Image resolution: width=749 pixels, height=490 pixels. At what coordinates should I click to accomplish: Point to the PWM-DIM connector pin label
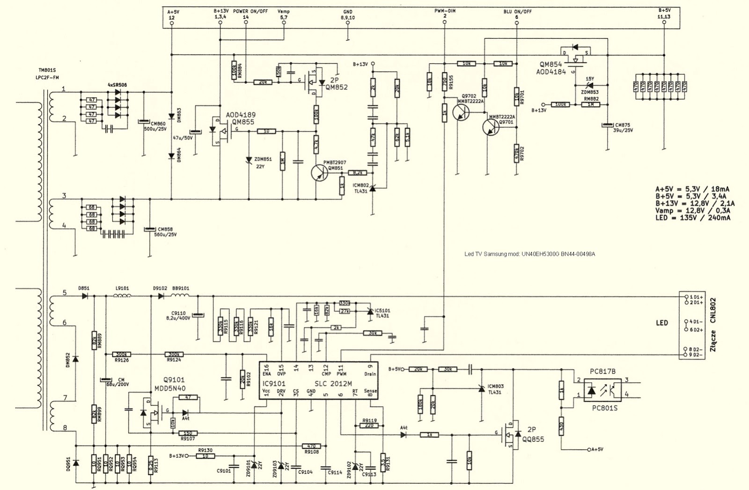(x=444, y=11)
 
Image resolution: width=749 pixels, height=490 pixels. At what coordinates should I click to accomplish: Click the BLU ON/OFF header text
(x=517, y=12)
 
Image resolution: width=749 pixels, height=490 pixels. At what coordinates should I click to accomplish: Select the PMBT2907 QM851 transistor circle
(x=321, y=173)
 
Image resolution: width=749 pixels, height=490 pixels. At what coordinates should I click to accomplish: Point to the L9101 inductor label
(x=122, y=289)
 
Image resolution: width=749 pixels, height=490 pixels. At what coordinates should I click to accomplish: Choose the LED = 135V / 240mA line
(x=693, y=218)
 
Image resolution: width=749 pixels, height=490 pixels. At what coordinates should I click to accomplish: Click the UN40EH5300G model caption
(x=529, y=254)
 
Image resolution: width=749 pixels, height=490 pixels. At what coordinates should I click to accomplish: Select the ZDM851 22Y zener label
(x=263, y=163)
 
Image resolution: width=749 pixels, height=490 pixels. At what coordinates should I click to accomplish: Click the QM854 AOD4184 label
(x=552, y=68)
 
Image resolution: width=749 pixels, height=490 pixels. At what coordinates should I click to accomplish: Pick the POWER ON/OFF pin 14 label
(x=250, y=14)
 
